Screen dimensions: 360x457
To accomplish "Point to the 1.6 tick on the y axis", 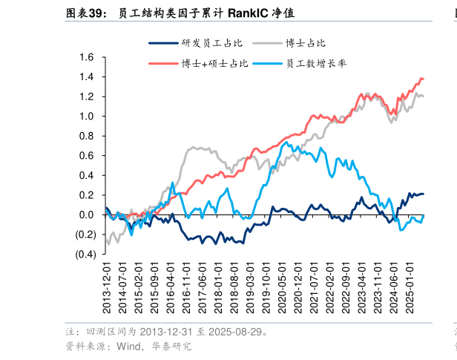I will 87,57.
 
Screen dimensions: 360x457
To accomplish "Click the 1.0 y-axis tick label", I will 87,117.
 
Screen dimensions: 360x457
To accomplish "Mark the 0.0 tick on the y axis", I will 87,215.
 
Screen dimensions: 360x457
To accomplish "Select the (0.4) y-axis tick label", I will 84,255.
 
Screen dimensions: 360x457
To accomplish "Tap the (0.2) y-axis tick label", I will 84,235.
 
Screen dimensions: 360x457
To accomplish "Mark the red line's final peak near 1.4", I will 421,79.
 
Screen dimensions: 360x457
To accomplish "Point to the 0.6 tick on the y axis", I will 87,156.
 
